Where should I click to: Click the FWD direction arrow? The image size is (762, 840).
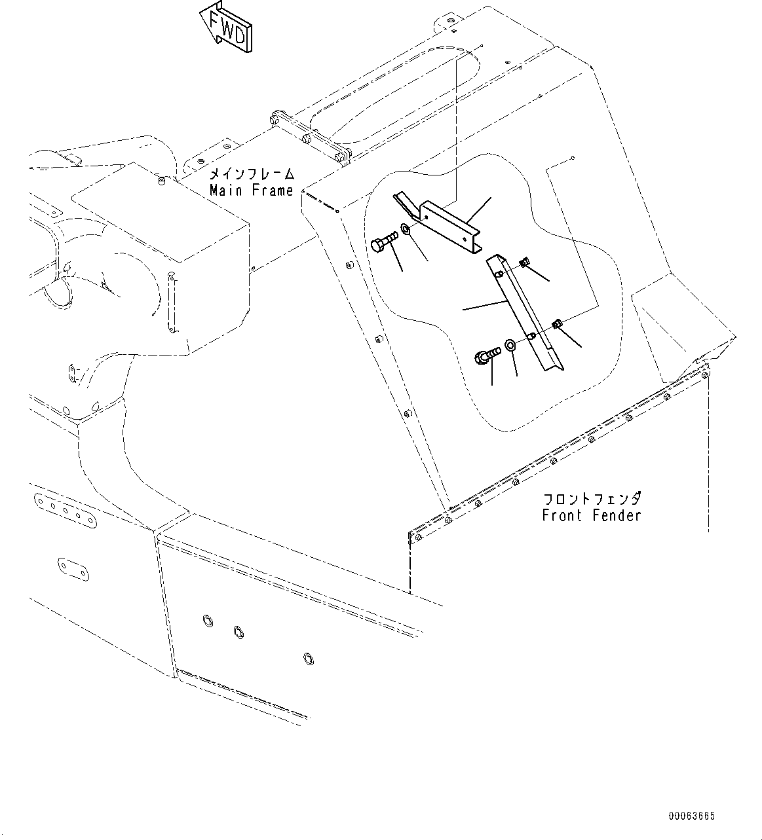(226, 27)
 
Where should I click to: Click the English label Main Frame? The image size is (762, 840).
(251, 191)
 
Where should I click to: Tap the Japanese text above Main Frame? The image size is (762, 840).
(251, 175)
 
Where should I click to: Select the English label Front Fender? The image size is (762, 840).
(591, 515)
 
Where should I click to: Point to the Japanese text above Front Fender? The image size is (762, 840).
(591, 499)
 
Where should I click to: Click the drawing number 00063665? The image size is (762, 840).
(692, 816)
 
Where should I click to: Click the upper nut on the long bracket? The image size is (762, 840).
(525, 263)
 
